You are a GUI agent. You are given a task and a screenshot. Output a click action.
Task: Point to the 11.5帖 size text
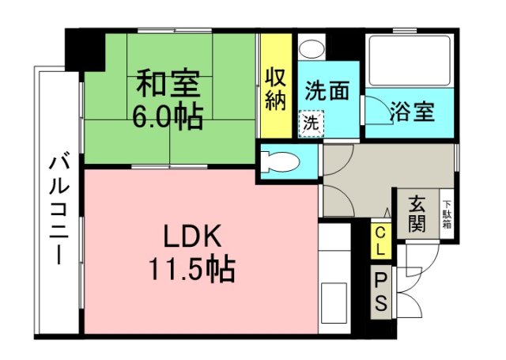click(192, 270)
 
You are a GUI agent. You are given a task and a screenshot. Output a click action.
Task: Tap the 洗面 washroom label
click(327, 91)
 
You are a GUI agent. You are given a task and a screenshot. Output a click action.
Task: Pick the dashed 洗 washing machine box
click(311, 123)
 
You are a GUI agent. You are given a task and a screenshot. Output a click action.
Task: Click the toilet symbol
click(281, 162)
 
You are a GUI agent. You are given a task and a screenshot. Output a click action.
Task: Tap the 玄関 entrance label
click(417, 211)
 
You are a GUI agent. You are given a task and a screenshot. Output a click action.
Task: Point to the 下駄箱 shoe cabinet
click(447, 213)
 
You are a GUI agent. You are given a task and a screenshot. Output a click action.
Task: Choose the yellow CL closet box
click(380, 241)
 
